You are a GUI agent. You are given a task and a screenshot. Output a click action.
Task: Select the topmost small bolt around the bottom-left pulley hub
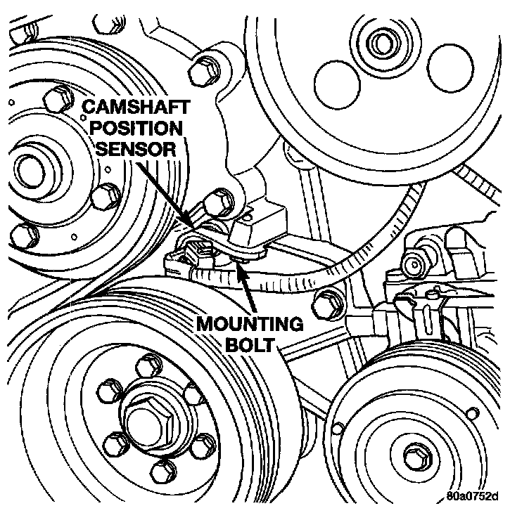pyautogui.click(x=148, y=365)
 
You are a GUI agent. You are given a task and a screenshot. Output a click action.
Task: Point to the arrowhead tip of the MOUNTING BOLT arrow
pyautogui.click(x=238, y=259)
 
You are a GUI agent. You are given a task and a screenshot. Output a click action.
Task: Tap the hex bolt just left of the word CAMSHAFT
pyautogui.click(x=56, y=98)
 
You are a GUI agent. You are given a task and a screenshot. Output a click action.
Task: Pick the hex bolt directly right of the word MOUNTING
pyautogui.click(x=325, y=302)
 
